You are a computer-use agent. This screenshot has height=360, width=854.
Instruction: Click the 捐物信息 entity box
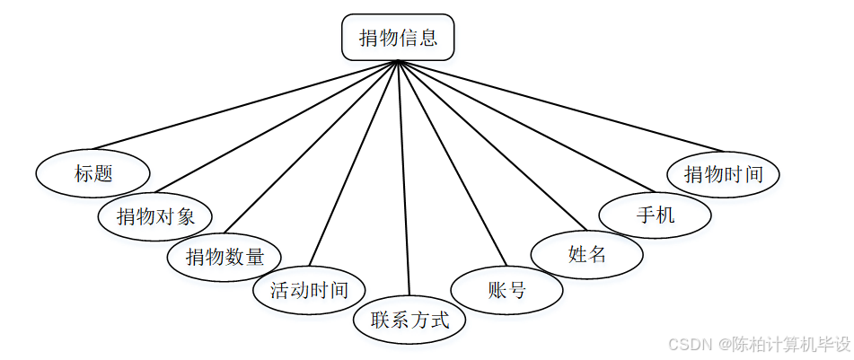(x=398, y=39)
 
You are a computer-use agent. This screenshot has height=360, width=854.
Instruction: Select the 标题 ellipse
(x=93, y=173)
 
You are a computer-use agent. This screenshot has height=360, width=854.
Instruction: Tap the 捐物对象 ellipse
(x=155, y=216)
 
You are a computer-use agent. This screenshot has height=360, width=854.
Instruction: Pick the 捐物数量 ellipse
(x=225, y=257)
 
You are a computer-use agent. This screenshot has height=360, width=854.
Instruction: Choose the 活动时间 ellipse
(x=308, y=290)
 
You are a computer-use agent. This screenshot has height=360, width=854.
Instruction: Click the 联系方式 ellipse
(x=409, y=320)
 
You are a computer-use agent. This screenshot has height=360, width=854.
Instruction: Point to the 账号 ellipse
(x=506, y=290)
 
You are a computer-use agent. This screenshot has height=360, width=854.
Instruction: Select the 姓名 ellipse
(x=587, y=254)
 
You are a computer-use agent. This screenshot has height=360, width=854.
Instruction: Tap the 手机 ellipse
(x=656, y=215)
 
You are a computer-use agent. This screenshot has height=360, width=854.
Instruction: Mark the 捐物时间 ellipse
(x=723, y=173)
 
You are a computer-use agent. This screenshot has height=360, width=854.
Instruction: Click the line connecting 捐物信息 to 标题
(x=246, y=104)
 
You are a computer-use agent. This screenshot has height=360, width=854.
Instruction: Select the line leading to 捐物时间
(x=559, y=105)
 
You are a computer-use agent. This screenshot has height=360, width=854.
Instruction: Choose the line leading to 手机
(x=525, y=127)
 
